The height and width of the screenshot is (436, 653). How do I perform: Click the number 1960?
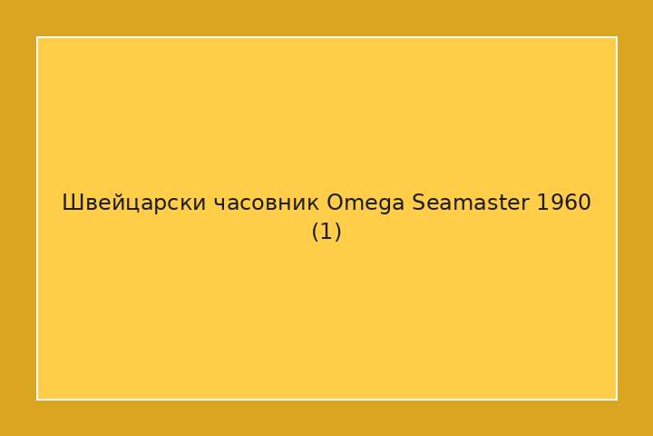pyautogui.click(x=563, y=203)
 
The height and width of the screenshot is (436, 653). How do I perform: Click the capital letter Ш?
pyautogui.click(x=71, y=203)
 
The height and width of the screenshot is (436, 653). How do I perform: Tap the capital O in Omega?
pyautogui.click(x=335, y=203)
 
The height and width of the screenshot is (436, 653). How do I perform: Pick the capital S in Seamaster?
pyautogui.click(x=418, y=203)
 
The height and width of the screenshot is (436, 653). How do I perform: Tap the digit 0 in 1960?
pyautogui.click(x=584, y=203)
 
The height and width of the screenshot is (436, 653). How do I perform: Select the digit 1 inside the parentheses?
pyautogui.click(x=326, y=233)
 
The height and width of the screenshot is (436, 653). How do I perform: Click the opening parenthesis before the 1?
pyautogui.click(x=316, y=233)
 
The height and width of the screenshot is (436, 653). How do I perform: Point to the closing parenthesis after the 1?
pyautogui.click(x=337, y=233)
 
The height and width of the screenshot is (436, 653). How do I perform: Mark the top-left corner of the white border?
pyautogui.click(x=37, y=37)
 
